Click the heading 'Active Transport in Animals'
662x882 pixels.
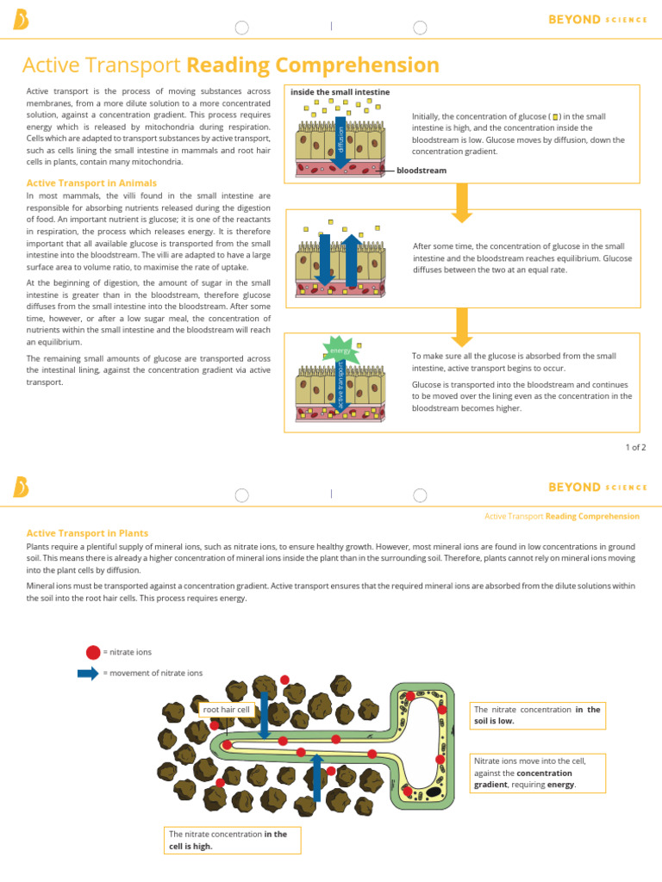91,183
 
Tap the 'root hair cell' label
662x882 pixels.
226,710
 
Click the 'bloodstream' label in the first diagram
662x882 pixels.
422,171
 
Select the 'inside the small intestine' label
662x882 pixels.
340,92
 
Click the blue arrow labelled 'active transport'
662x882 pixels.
340,382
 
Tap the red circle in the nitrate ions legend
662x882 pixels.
93,652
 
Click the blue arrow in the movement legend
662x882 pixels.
88,673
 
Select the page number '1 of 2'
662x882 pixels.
635,447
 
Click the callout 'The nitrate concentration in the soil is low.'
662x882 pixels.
535,715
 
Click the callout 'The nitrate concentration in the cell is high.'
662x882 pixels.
232,840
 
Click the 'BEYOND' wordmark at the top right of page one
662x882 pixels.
574,19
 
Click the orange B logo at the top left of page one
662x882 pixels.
21,20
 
